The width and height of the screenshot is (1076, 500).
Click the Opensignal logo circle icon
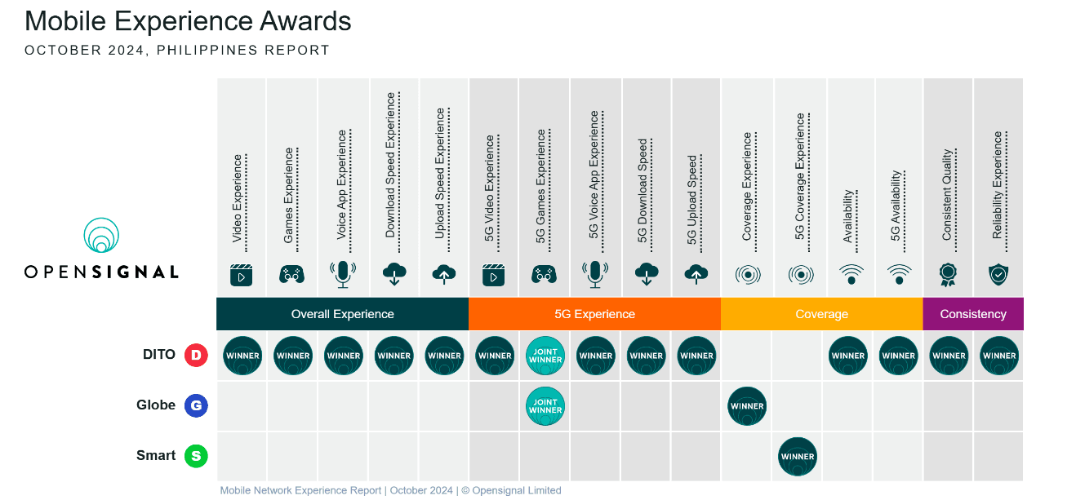[102, 236]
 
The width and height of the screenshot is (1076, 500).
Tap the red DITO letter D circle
[196, 355]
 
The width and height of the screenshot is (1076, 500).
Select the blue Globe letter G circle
[196, 405]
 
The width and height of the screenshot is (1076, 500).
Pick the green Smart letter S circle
[196, 456]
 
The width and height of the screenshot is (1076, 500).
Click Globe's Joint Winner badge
[545, 406]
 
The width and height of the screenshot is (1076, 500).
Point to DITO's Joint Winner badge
[545, 356]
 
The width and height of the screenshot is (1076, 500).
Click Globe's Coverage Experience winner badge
[747, 406]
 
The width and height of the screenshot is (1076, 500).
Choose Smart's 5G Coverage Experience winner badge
[798, 456]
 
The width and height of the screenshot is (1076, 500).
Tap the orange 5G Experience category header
[594, 314]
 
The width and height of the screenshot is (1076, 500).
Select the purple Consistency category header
[973, 314]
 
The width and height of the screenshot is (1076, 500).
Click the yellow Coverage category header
[821, 314]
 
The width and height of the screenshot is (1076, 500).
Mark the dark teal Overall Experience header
[342, 314]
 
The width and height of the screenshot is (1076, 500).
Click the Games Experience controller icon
[291, 274]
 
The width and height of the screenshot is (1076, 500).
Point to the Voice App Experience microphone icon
[343, 274]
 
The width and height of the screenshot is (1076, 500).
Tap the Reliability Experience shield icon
[998, 274]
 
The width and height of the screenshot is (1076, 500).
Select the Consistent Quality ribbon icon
[948, 274]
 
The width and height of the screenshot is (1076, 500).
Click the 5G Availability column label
[896, 206]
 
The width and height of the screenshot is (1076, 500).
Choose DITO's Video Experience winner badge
[242, 356]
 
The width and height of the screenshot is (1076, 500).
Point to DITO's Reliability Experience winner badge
[999, 356]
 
